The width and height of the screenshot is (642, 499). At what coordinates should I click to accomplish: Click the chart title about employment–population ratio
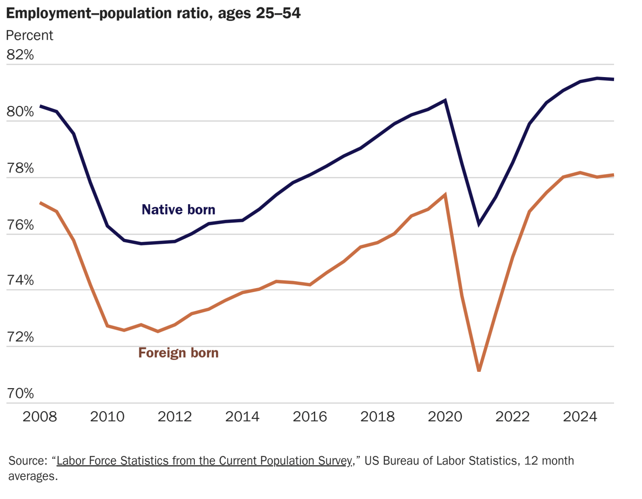(x=153, y=13)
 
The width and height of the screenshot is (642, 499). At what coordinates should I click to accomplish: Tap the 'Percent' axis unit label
(x=29, y=35)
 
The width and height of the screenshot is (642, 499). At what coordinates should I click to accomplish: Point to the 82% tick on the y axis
(x=20, y=55)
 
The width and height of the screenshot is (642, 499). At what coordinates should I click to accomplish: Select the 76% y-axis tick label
(x=20, y=224)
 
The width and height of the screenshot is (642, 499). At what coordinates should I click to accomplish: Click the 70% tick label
(x=20, y=394)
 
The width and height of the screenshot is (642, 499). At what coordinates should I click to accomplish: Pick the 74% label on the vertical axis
(x=20, y=280)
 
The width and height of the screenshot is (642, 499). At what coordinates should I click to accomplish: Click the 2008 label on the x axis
(x=40, y=416)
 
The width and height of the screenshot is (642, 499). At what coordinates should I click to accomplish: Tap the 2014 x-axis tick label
(x=242, y=416)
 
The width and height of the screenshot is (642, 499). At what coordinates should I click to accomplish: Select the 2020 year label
(x=445, y=416)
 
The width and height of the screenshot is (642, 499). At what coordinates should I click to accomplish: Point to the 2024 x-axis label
(x=580, y=416)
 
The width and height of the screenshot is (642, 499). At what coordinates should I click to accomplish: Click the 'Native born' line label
(x=179, y=210)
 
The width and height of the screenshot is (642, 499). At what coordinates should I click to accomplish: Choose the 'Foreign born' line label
(x=179, y=353)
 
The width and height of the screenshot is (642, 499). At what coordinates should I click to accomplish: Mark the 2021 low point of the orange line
(x=479, y=370)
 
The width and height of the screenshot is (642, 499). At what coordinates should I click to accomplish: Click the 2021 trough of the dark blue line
(x=479, y=223)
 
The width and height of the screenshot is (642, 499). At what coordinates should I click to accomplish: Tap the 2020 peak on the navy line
(x=445, y=101)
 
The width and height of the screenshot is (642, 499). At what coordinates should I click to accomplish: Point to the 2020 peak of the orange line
(x=445, y=195)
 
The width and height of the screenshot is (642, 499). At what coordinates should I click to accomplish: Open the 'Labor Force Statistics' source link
(x=204, y=461)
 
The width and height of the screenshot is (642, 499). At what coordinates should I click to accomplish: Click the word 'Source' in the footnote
(x=28, y=461)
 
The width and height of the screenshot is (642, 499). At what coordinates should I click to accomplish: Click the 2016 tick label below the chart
(x=310, y=416)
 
